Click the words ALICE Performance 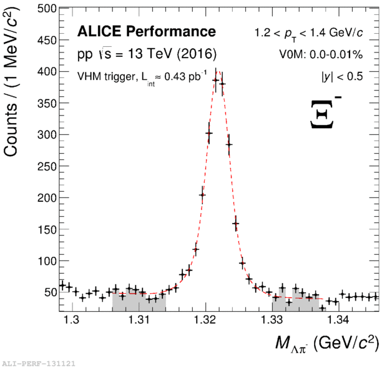[146, 32]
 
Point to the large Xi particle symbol [325, 113]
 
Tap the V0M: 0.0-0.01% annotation [321, 54]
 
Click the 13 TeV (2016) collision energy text [146, 54]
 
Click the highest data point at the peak [215, 80]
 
